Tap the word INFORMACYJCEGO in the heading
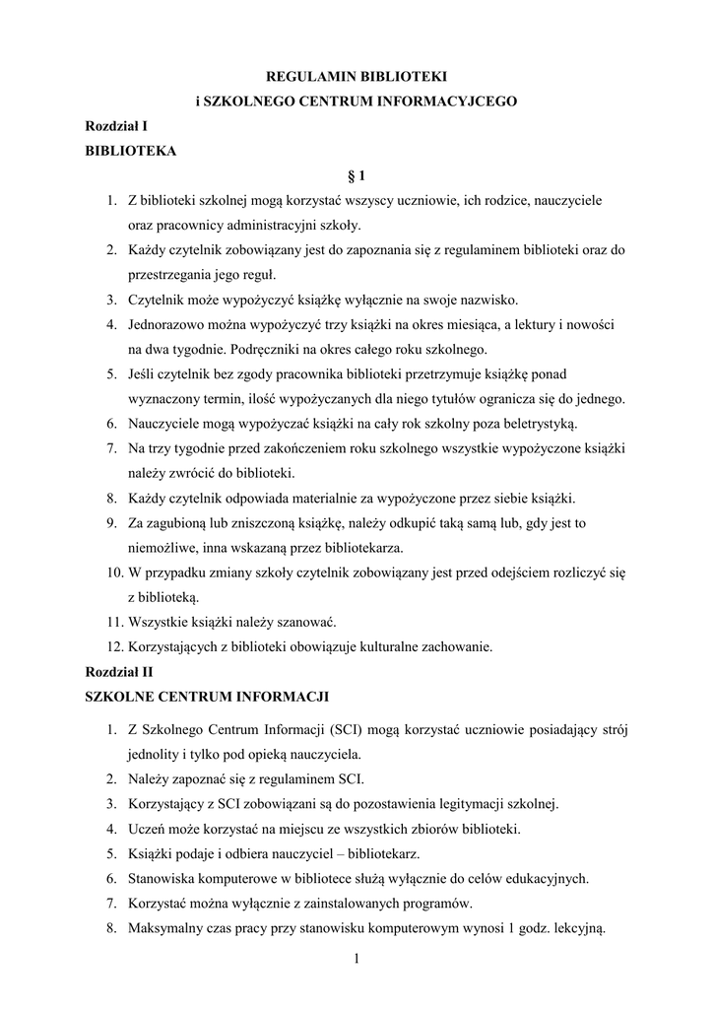coord(448,101)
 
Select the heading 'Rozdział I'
coord(116,126)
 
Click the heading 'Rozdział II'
coord(119,672)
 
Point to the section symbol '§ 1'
coord(357,176)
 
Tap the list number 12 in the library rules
coord(112,647)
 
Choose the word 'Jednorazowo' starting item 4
coord(171,324)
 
